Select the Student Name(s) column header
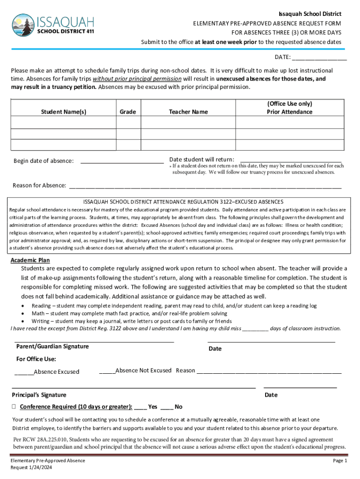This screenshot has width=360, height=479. click(64, 112)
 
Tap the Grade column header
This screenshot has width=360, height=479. click(128, 112)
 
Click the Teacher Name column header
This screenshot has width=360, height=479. click(188, 112)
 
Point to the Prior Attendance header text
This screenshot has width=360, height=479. click(289, 112)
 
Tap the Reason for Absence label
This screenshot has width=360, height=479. click(39, 186)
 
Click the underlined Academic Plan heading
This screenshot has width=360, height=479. click(30, 260)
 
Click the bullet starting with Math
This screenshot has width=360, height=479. click(129, 313)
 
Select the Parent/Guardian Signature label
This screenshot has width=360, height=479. click(52, 347)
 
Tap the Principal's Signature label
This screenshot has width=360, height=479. click(39, 395)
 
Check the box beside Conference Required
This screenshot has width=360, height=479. click(14, 406)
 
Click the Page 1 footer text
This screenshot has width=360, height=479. click(339, 461)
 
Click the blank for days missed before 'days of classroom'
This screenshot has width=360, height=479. click(255, 329)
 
